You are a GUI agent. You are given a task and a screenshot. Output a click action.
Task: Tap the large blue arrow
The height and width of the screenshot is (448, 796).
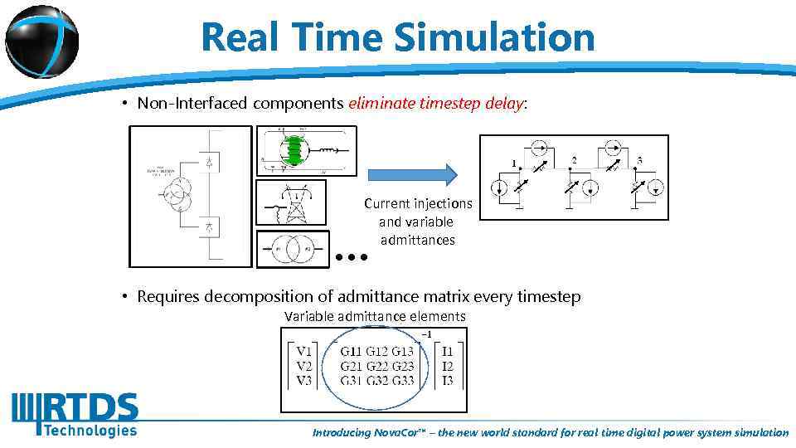pos(412,174)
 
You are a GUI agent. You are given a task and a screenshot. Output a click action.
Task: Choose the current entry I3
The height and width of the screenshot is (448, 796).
pos(447,381)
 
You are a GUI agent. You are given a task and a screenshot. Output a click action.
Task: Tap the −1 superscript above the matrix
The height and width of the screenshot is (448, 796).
pos(425,334)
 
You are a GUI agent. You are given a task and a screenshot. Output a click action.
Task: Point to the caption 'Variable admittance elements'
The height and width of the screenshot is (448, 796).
pos(375,316)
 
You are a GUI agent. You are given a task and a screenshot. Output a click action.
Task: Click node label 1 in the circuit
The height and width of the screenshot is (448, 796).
pos(514,162)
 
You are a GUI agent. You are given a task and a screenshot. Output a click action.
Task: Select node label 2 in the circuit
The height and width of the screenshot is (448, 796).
pos(574,159)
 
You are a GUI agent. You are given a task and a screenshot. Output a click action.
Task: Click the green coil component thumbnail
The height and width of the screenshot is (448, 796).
pos(294,151)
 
